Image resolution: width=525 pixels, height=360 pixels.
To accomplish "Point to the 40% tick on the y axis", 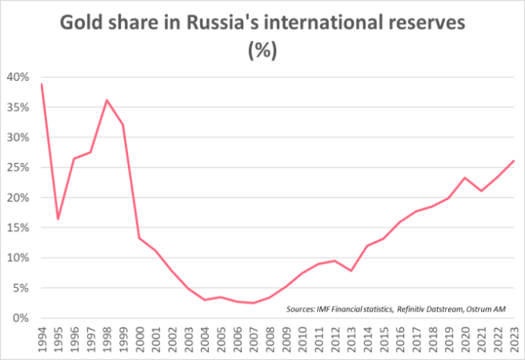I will [x=18, y=78].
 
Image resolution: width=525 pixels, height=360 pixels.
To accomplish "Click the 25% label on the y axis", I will [x=18, y=168].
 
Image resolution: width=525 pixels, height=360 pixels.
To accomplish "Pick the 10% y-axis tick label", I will [x=18, y=258].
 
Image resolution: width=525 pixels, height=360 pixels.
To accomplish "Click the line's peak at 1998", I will [x=106, y=100].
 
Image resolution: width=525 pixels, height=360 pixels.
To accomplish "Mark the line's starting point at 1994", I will [x=42, y=84].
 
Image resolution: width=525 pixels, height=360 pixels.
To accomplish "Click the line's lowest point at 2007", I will [x=253, y=303].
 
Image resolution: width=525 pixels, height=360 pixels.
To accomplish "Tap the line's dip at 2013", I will [x=351, y=271].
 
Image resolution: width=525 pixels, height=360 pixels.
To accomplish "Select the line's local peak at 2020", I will [x=465, y=178].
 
